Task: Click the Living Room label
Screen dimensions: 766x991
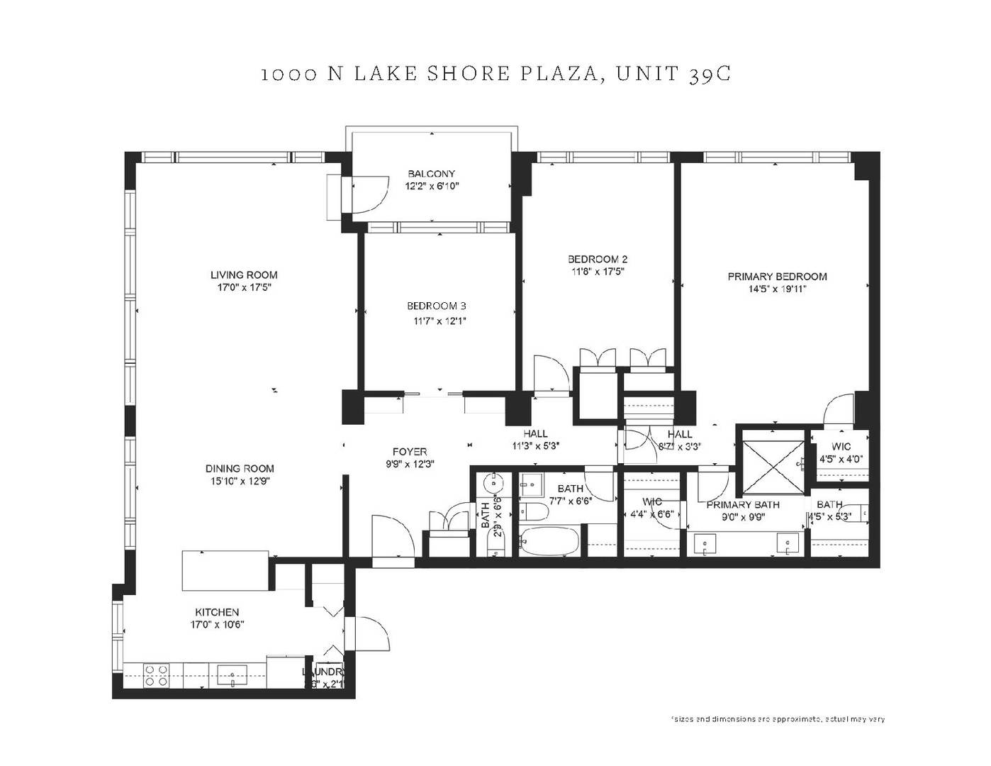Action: (x=244, y=275)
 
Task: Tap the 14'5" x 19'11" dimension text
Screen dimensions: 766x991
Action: (x=777, y=289)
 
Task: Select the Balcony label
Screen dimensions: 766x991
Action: (x=431, y=174)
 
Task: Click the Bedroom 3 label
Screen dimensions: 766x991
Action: (x=436, y=306)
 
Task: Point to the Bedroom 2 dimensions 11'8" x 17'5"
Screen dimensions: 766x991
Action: (x=598, y=271)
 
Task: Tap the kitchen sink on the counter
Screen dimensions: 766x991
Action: (x=232, y=674)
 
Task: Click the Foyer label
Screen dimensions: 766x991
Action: (x=410, y=452)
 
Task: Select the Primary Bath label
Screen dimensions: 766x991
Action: (x=742, y=504)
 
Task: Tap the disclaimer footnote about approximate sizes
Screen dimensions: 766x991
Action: (x=778, y=719)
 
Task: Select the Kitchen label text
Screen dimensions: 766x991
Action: (x=217, y=612)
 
